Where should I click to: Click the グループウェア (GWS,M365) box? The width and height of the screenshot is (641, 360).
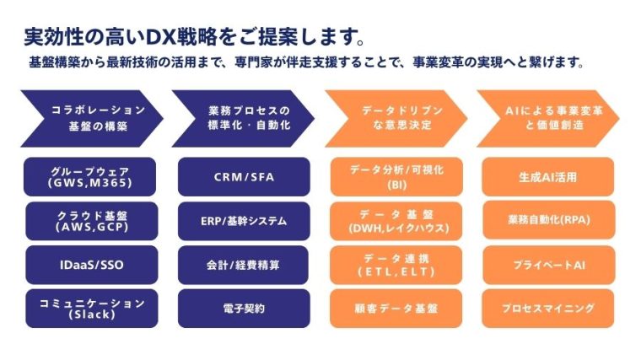tap(91, 176)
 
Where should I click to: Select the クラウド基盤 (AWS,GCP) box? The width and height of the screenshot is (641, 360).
tap(91, 221)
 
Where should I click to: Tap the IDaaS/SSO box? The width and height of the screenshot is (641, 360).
tap(91, 265)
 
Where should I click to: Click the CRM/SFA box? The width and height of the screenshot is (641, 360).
tap(244, 176)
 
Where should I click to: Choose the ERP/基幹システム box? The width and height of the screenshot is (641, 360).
tap(244, 221)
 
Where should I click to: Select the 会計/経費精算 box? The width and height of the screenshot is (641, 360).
tap(244, 265)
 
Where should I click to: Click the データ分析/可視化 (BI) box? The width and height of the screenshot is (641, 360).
tap(396, 176)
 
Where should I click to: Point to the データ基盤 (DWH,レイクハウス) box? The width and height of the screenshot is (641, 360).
tap(396, 221)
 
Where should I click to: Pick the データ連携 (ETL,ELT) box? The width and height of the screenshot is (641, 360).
tap(396, 265)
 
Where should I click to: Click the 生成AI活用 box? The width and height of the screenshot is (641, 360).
tap(548, 176)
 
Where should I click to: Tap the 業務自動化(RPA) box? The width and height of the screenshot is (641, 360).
tap(548, 221)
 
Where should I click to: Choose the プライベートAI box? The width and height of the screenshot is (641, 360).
tap(548, 265)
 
